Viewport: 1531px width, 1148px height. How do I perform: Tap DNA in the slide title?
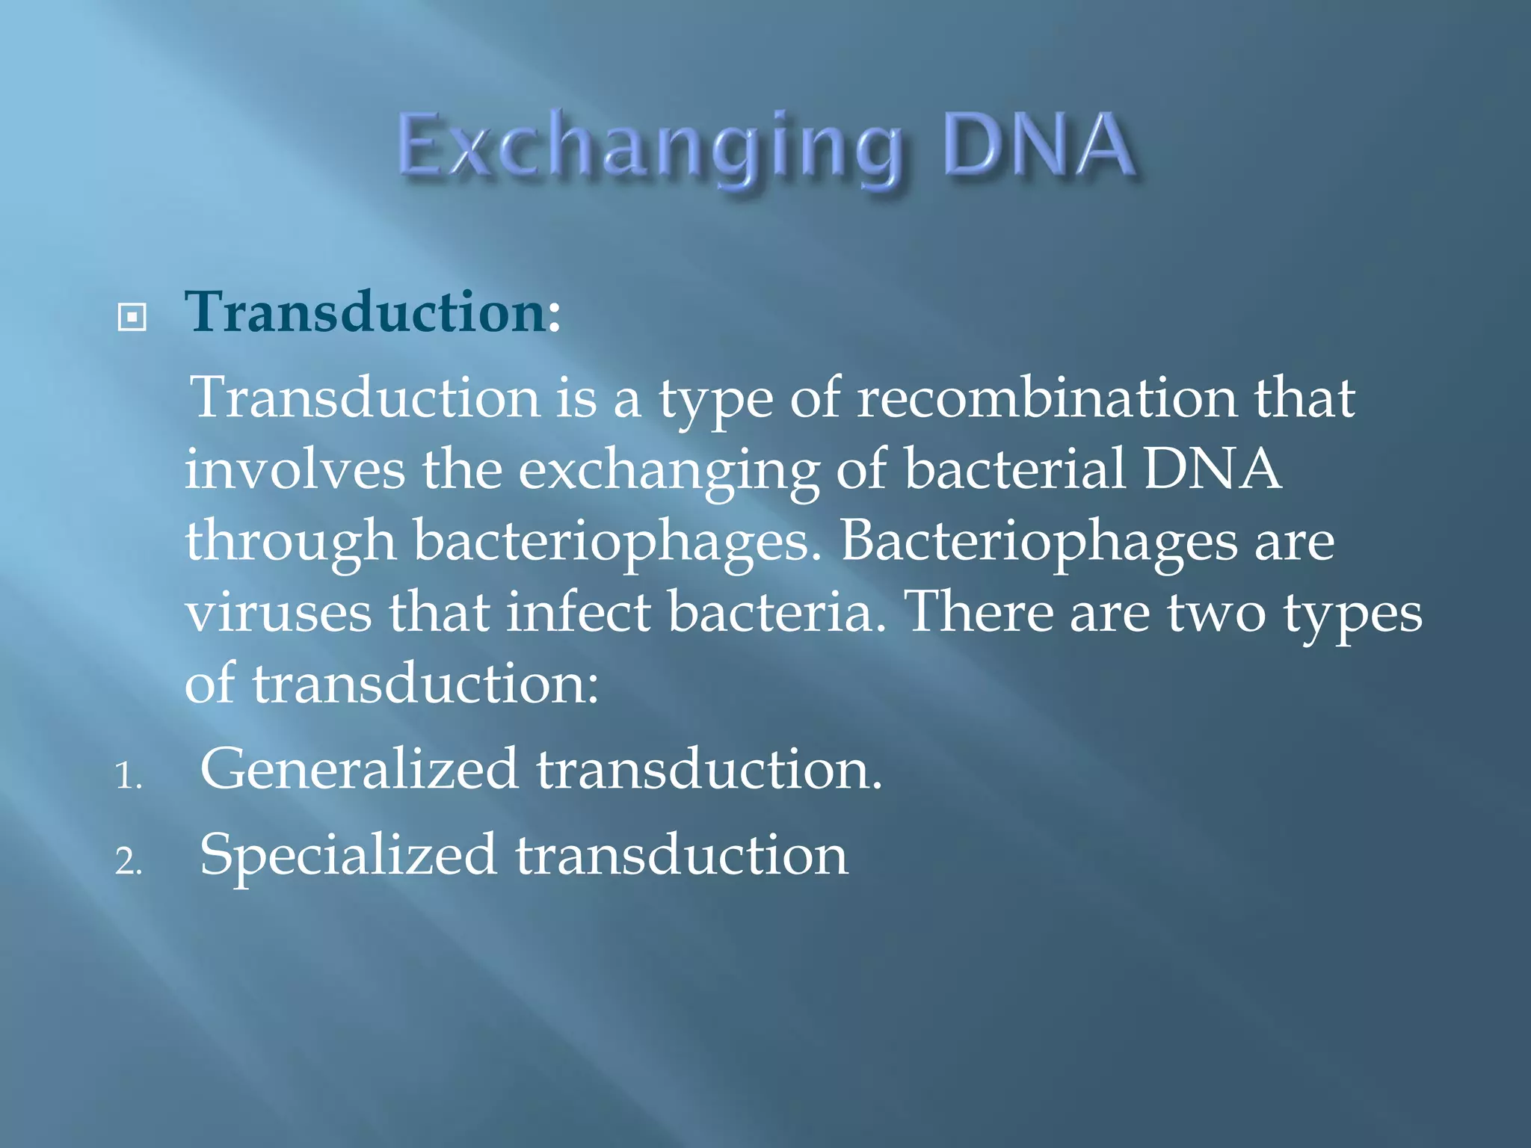[x=1039, y=145]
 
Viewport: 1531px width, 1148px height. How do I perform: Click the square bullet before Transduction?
[x=132, y=318]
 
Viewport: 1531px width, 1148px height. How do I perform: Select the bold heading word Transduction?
[x=366, y=312]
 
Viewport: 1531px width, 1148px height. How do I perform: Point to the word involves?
[x=295, y=469]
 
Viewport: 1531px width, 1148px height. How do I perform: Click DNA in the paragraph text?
[x=1213, y=469]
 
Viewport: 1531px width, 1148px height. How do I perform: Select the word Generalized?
[x=359, y=769]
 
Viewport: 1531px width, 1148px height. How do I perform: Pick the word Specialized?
[x=348, y=857]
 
